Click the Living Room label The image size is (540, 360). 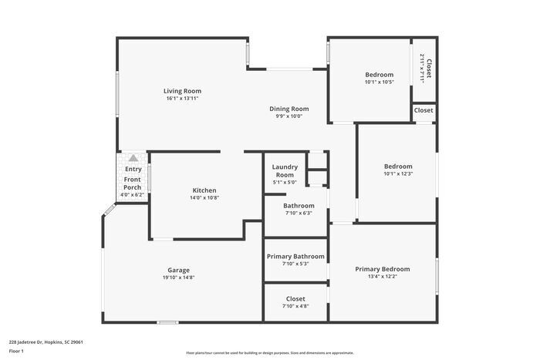pos(182,91)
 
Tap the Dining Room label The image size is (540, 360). pos(289,109)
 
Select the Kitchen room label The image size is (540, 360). pos(204,190)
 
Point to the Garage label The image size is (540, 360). pos(178,270)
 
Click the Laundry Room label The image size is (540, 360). pos(285,170)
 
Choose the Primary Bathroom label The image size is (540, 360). pos(295,256)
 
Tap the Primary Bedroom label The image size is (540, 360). pos(382,269)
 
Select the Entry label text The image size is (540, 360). pos(133,169)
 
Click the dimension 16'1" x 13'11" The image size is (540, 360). pos(182,99)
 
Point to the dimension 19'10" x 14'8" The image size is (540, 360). pos(178,278)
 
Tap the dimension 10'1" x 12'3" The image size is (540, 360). pos(398,174)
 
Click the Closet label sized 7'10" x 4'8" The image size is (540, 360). pos(295,298)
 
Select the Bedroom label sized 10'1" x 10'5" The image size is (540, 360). pos(379,75)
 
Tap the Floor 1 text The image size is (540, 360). pos(17,351)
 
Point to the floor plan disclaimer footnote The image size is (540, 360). pos(270,353)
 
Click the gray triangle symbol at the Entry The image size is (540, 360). pos(133,157)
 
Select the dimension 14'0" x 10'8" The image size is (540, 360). pos(204,198)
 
